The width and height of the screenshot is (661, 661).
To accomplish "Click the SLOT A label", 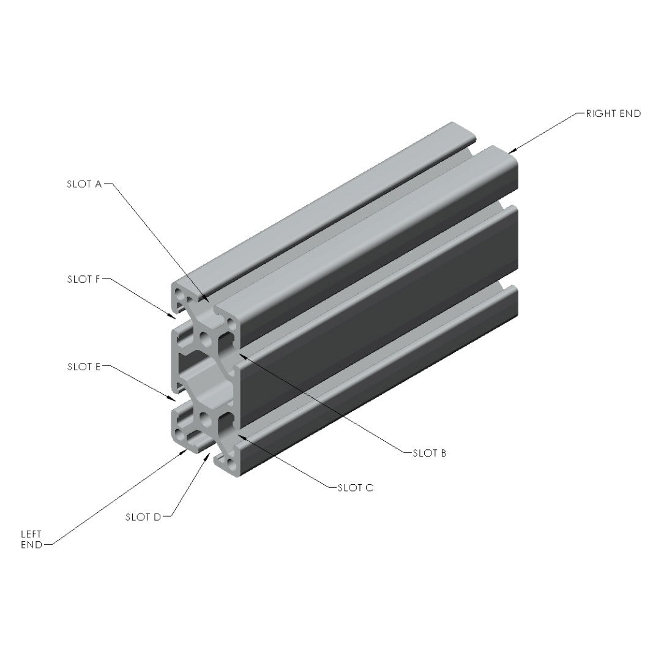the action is tap(84, 184).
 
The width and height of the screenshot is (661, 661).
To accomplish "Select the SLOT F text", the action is tap(83, 279).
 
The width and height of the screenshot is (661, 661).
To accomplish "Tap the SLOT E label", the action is tap(84, 367).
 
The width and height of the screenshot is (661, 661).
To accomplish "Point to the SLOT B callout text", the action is tap(429, 453).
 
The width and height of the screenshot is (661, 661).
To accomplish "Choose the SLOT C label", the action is tap(356, 488).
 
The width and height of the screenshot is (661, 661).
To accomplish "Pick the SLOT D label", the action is tap(143, 517).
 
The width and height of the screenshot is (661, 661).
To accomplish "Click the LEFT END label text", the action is tap(32, 540).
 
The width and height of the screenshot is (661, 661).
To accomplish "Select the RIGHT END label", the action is tap(613, 113).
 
